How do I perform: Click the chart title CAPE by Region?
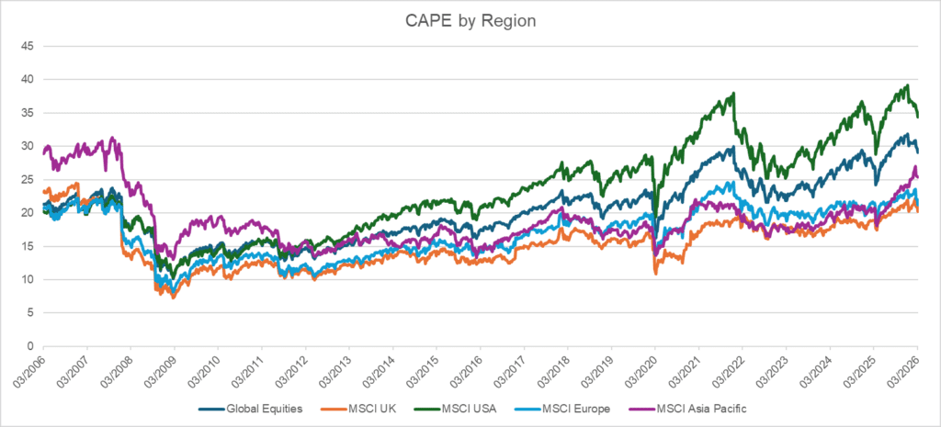[470, 20]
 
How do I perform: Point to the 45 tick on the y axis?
[28, 46]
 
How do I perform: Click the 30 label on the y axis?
[28, 146]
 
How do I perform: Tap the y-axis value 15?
[28, 246]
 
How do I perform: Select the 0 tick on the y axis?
[30, 346]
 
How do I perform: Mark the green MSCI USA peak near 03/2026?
[907, 85]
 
